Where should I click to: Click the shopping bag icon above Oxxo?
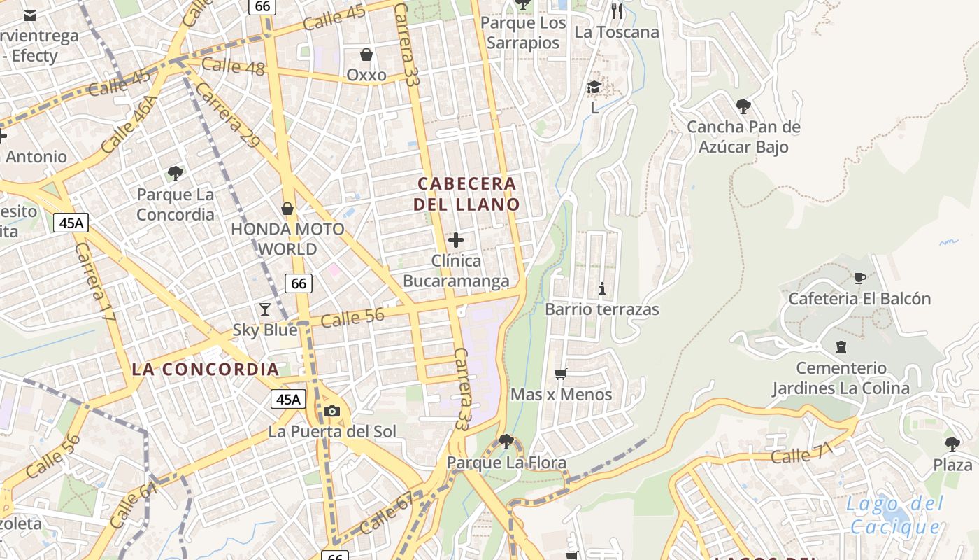tap(366, 55)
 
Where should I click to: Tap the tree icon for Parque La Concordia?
tap(176, 173)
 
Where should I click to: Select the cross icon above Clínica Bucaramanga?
tap(456, 240)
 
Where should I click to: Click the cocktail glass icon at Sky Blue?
tap(265, 309)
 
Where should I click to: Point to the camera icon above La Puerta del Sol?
tap(332, 411)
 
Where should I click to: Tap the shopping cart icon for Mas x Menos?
tap(560, 374)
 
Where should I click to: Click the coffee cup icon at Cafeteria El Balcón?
tap(859, 278)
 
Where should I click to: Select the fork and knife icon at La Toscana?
tap(617, 10)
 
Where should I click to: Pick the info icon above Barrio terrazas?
tap(602, 288)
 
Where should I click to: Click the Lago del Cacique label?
tap(892, 515)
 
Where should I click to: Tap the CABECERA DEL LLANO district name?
tap(466, 194)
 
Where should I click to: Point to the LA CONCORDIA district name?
tap(206, 369)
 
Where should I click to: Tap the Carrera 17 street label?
tap(94, 282)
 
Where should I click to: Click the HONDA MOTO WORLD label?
tap(287, 239)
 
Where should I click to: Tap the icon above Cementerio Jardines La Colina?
tap(841, 347)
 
